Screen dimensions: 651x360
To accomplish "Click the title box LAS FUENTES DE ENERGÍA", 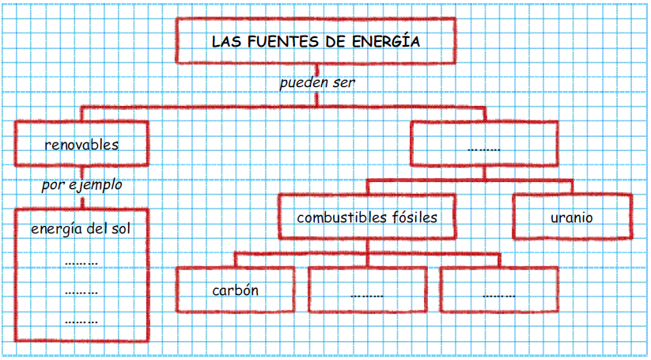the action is point(316,40).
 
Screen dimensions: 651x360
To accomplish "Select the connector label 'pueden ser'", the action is point(316,82).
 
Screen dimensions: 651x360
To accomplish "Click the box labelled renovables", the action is point(81,144).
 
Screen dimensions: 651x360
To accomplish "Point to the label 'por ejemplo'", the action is point(81,185).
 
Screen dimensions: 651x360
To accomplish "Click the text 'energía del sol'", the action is point(81,229).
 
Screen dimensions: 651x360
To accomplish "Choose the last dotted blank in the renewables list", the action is point(81,321).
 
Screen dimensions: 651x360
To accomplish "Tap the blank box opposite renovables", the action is point(483,146).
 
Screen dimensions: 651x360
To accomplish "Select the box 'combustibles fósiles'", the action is point(367,216).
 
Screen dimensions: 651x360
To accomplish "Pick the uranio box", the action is point(572,216).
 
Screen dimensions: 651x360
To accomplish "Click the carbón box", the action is point(235,289).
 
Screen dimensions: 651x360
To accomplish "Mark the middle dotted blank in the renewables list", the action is point(81,292).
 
